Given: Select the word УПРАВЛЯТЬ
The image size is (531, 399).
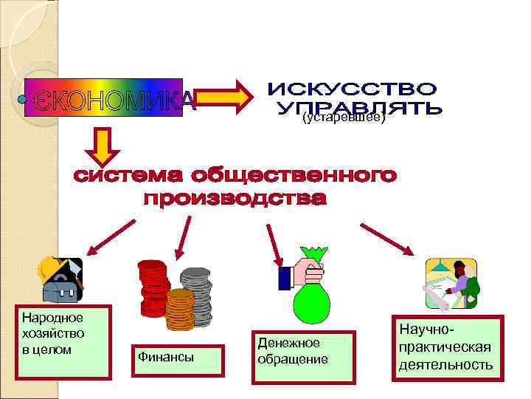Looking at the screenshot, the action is [x=360, y=109].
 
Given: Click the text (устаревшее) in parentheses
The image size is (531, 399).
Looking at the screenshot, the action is [x=344, y=118].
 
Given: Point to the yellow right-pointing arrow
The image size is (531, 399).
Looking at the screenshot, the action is [x=223, y=98].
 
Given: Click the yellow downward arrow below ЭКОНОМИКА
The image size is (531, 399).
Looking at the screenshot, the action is [x=103, y=146].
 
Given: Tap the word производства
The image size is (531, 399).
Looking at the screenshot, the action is [x=234, y=199].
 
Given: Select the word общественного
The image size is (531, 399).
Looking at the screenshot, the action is [x=294, y=177].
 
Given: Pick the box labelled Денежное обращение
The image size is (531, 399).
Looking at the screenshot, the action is [x=302, y=357].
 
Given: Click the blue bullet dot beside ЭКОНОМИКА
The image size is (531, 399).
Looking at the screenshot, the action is [x=22, y=98].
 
